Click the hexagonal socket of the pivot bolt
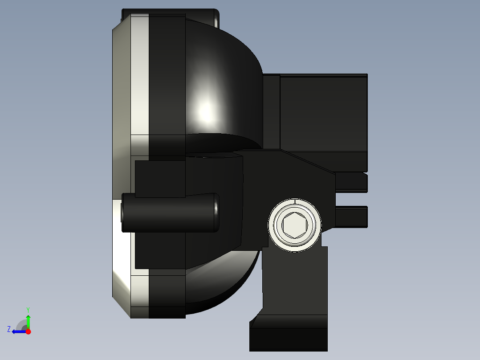[294, 225]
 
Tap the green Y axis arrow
[28, 320]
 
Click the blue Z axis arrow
[18, 331]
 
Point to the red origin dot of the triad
[28, 331]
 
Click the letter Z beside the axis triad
[9, 329]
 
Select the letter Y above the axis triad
[28, 309]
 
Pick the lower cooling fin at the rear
[351, 217]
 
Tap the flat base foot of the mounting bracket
[289, 340]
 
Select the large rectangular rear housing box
[323, 114]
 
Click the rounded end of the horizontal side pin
[216, 213]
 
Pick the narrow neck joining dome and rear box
[271, 111]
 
